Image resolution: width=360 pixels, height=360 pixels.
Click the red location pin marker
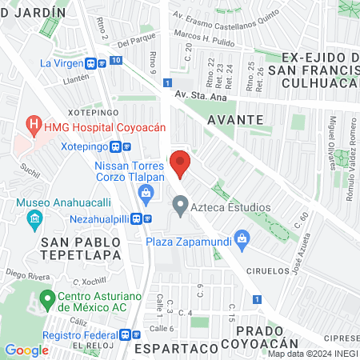[181, 163]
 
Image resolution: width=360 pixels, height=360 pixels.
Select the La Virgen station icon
[94, 62]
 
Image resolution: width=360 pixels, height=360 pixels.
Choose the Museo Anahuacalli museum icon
[34, 218]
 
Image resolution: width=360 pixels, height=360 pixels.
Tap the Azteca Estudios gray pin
[181, 207]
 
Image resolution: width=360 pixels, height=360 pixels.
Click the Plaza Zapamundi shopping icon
[244, 238]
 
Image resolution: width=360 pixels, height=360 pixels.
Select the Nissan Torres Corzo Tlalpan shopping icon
[146, 191]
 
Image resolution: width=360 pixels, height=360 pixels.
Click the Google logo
[26, 350]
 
